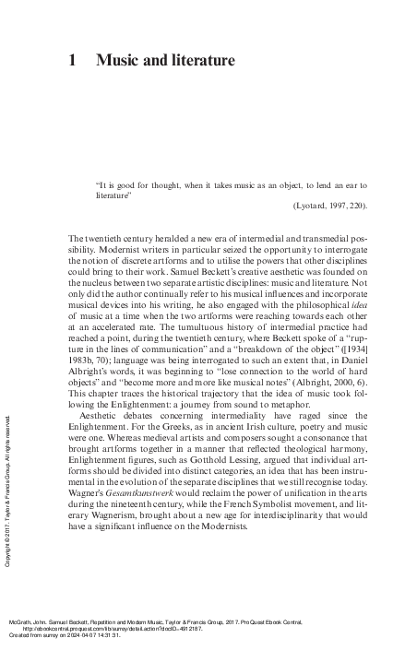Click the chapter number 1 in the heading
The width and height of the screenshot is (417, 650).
(x=73, y=62)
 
